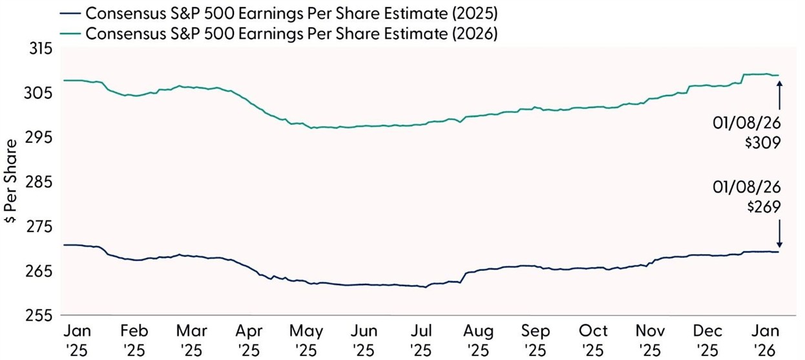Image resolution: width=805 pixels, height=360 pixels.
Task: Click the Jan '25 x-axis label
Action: coord(78,340)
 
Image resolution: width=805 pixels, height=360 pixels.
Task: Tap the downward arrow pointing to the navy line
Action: coord(780,233)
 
